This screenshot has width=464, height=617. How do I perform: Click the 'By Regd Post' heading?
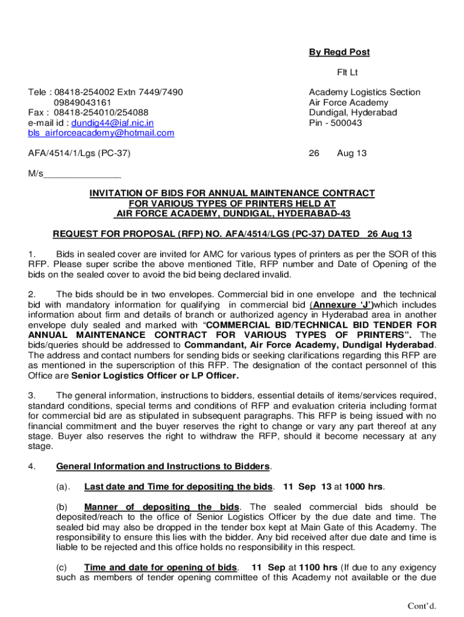(x=339, y=52)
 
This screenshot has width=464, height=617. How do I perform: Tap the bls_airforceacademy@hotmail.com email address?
(x=101, y=133)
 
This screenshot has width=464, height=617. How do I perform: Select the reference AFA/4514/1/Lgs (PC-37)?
(x=80, y=154)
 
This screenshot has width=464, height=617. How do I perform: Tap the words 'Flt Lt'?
(x=347, y=73)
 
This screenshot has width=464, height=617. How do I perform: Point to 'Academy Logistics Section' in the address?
(x=365, y=92)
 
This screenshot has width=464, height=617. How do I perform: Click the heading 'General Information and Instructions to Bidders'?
(x=163, y=466)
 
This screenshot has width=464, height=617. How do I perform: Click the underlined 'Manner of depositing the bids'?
(x=161, y=507)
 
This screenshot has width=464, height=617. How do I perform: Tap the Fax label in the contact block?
(x=37, y=113)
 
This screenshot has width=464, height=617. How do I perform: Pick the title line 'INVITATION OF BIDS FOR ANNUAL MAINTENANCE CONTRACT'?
(x=232, y=193)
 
